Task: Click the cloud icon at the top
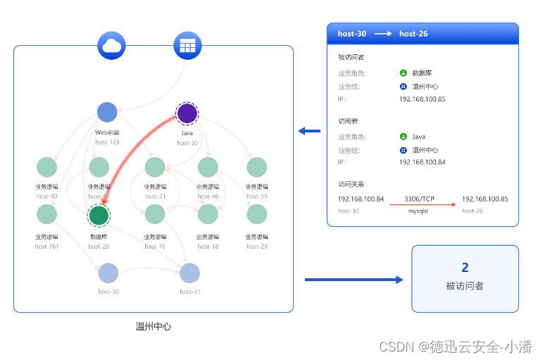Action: pyautogui.click(x=111, y=46)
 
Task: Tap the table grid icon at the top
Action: pyautogui.click(x=187, y=46)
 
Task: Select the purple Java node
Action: pyautogui.click(x=187, y=113)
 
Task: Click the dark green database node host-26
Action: pyautogui.click(x=99, y=216)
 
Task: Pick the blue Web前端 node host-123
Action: pyautogui.click(x=107, y=112)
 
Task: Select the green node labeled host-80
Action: pyautogui.click(x=46, y=168)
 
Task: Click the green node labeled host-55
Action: pyautogui.click(x=256, y=168)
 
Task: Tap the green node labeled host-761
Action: pyautogui.click(x=46, y=214)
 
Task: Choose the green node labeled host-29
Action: pyautogui.click(x=256, y=214)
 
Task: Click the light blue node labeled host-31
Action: pyautogui.click(x=189, y=273)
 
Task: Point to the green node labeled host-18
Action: pyautogui.click(x=208, y=214)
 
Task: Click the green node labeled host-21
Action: pyautogui.click(x=155, y=168)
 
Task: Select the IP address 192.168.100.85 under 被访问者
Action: pyautogui.click(x=422, y=99)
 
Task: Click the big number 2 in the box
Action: pyautogui.click(x=465, y=268)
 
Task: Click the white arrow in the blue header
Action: pyautogui.click(x=383, y=34)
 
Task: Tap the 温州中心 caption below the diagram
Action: pyautogui.click(x=153, y=326)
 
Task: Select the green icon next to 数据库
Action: pyautogui.click(x=403, y=73)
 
